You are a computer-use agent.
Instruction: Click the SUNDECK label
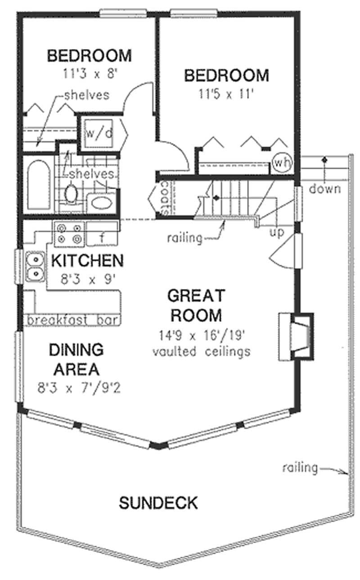[158, 503]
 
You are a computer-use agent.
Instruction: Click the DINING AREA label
[76, 359]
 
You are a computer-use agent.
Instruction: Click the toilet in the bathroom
[71, 194]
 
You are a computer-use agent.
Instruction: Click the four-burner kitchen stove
[69, 233]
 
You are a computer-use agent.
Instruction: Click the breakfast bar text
[73, 320]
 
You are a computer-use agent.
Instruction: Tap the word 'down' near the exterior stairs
[324, 189]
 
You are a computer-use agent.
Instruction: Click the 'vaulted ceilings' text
[201, 351]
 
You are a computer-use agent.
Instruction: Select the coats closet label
[165, 198]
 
